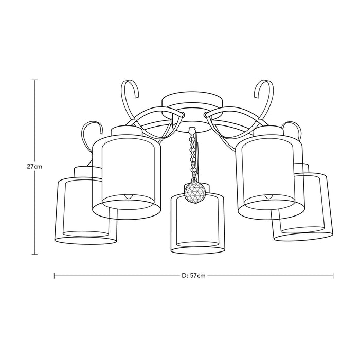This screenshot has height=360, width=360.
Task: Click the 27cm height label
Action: tap(34, 167)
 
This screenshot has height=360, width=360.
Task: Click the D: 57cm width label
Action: tap(193, 276)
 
